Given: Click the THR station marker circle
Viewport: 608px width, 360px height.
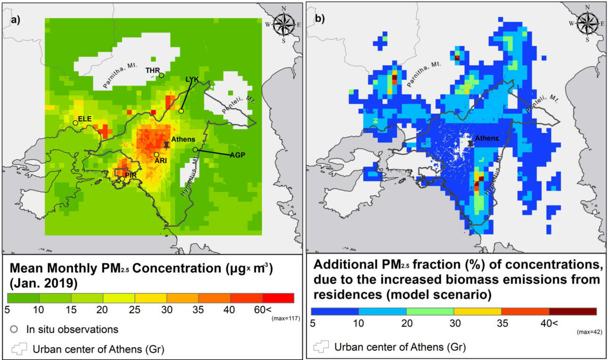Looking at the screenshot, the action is coord(161,75).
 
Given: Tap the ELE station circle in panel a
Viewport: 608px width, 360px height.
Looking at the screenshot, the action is coord(75,123).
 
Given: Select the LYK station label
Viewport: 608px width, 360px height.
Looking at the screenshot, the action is coord(192,79).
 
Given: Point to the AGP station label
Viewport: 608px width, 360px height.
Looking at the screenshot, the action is coord(238,155).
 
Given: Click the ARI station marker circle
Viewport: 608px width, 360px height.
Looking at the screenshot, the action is coord(156,155).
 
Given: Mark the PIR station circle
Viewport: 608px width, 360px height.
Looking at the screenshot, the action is coord(123,179).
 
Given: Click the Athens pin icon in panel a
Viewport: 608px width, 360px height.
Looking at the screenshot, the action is coord(166,145).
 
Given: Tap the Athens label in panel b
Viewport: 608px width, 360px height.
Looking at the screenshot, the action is coord(487,138).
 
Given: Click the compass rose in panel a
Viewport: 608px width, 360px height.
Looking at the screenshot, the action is coord(284,25).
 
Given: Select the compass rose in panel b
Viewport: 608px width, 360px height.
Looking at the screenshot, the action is coord(587,24).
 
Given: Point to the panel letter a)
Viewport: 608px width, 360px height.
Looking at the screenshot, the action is coord(16,20).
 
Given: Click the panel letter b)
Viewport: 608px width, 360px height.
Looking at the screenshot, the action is coord(320,18).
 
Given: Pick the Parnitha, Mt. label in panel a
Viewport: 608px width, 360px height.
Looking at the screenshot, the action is coord(120,75).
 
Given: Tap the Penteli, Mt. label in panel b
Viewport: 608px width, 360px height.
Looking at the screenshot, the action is coord(542,103).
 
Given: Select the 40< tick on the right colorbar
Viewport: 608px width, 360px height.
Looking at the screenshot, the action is coord(549,323).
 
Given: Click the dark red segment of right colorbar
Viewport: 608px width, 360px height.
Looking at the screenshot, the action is coord(573,311).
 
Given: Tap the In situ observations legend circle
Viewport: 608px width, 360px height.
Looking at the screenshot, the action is coord(14,329).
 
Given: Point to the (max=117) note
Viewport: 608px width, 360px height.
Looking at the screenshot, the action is coord(286,318).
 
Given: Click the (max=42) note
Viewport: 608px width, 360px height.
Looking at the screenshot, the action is coord(590,332).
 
